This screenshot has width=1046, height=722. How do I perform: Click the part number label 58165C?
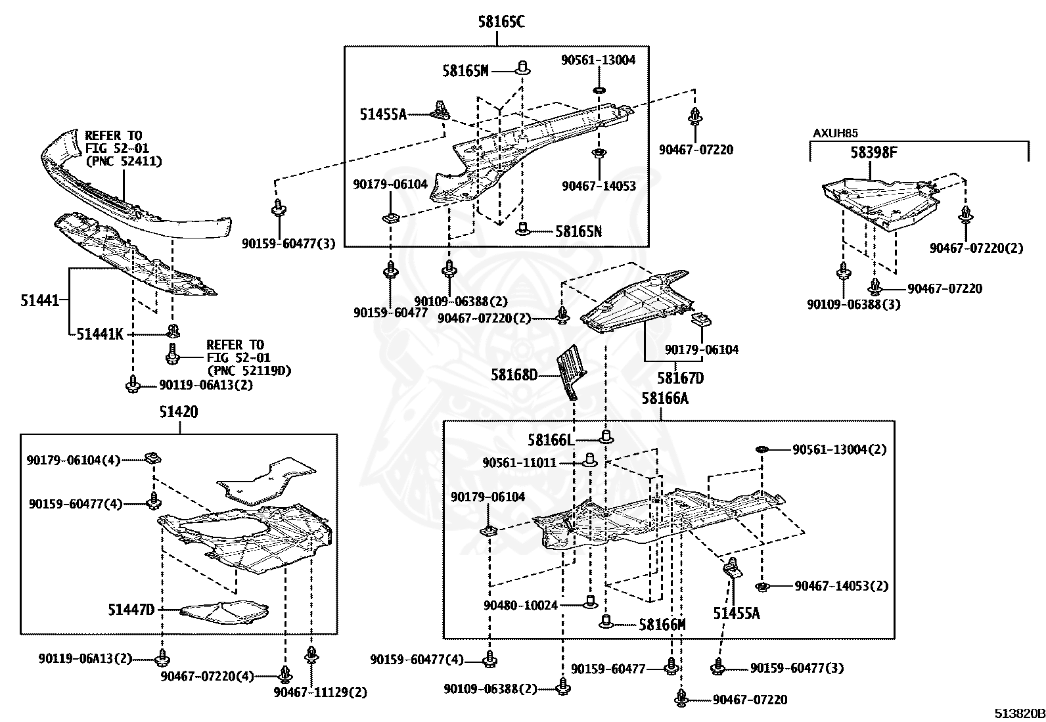[x=501, y=22]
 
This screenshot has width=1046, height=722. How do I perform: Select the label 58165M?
[x=465, y=71]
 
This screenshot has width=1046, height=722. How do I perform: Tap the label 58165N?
[x=578, y=231]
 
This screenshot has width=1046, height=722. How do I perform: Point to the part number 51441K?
[x=100, y=334]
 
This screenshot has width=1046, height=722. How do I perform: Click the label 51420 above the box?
[x=179, y=412]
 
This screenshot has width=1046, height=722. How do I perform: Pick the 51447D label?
[x=131, y=610]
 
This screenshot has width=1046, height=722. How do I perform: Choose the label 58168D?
[x=514, y=375]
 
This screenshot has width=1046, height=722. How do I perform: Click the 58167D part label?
[x=680, y=378]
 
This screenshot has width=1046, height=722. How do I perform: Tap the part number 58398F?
[x=874, y=153]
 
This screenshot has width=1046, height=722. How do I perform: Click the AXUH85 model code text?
[x=835, y=133]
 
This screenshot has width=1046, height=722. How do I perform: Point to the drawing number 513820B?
[x=1018, y=713]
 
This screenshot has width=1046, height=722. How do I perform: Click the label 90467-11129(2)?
[x=321, y=692]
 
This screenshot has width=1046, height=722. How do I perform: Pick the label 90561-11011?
[x=519, y=463]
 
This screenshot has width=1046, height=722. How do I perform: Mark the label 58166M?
[x=662, y=625]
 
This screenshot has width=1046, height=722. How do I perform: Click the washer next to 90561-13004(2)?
[x=762, y=449]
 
